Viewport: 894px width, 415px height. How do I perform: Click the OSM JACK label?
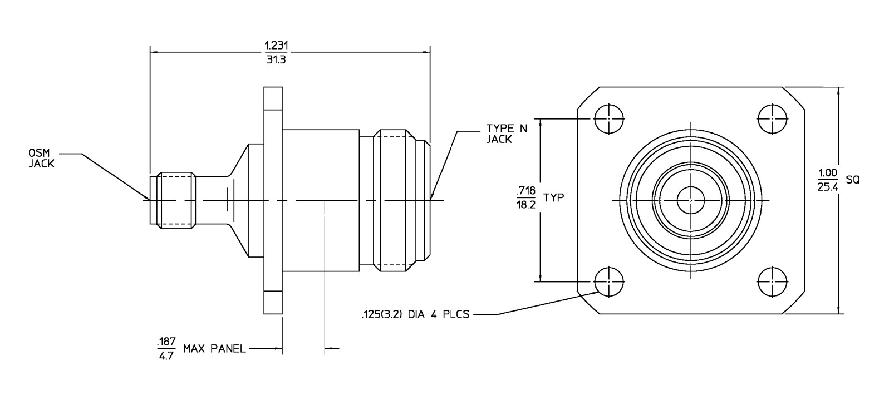pyautogui.click(x=41, y=159)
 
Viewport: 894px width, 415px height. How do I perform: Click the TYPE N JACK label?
pyautogui.click(x=507, y=134)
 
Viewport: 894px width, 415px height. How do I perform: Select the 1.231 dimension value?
pyautogui.click(x=276, y=46)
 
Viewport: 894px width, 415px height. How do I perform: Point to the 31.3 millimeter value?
pyautogui.click(x=276, y=60)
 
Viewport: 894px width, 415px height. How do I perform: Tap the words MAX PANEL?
pyautogui.click(x=214, y=349)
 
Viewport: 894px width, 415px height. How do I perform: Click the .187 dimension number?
pyautogui.click(x=166, y=342)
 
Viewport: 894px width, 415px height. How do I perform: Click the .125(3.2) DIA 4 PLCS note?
pyautogui.click(x=415, y=315)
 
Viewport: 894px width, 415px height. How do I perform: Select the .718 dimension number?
pyautogui.click(x=526, y=191)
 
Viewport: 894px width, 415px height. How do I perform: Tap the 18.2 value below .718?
pyautogui.click(x=526, y=205)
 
